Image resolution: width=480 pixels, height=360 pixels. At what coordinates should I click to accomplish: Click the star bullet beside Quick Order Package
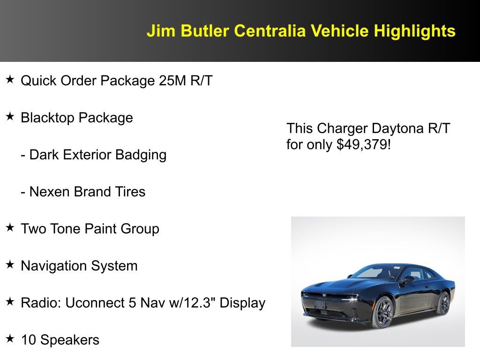pos(10,80)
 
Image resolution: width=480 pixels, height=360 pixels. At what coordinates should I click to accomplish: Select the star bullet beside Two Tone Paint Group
pos(10,228)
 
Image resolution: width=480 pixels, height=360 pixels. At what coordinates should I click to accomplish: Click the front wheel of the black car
pos(382,312)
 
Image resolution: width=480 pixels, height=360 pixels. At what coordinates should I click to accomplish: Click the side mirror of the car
pos(408,279)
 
